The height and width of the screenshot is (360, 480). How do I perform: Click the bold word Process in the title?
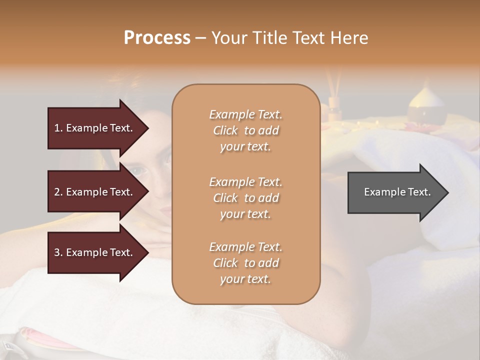click(x=157, y=38)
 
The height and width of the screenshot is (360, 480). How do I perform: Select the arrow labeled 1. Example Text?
click(x=95, y=128)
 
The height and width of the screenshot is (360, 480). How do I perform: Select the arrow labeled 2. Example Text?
click(x=95, y=192)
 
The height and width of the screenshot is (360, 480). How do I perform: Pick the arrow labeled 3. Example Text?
click(x=95, y=252)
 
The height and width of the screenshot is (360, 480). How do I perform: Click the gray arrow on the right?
click(x=395, y=192)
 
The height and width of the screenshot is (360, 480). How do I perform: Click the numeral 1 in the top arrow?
click(x=57, y=128)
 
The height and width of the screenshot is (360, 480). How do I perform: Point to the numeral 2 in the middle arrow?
click(x=57, y=192)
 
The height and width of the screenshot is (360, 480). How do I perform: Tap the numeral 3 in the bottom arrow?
click(x=57, y=252)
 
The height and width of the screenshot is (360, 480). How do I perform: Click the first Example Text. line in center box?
click(x=245, y=114)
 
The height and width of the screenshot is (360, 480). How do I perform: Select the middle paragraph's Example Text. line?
click(x=245, y=182)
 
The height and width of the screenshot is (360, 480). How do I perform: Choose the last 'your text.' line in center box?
click(x=245, y=279)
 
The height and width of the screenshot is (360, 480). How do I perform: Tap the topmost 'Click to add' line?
click(x=245, y=130)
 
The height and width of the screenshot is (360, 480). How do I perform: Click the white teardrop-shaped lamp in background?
click(x=426, y=102)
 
